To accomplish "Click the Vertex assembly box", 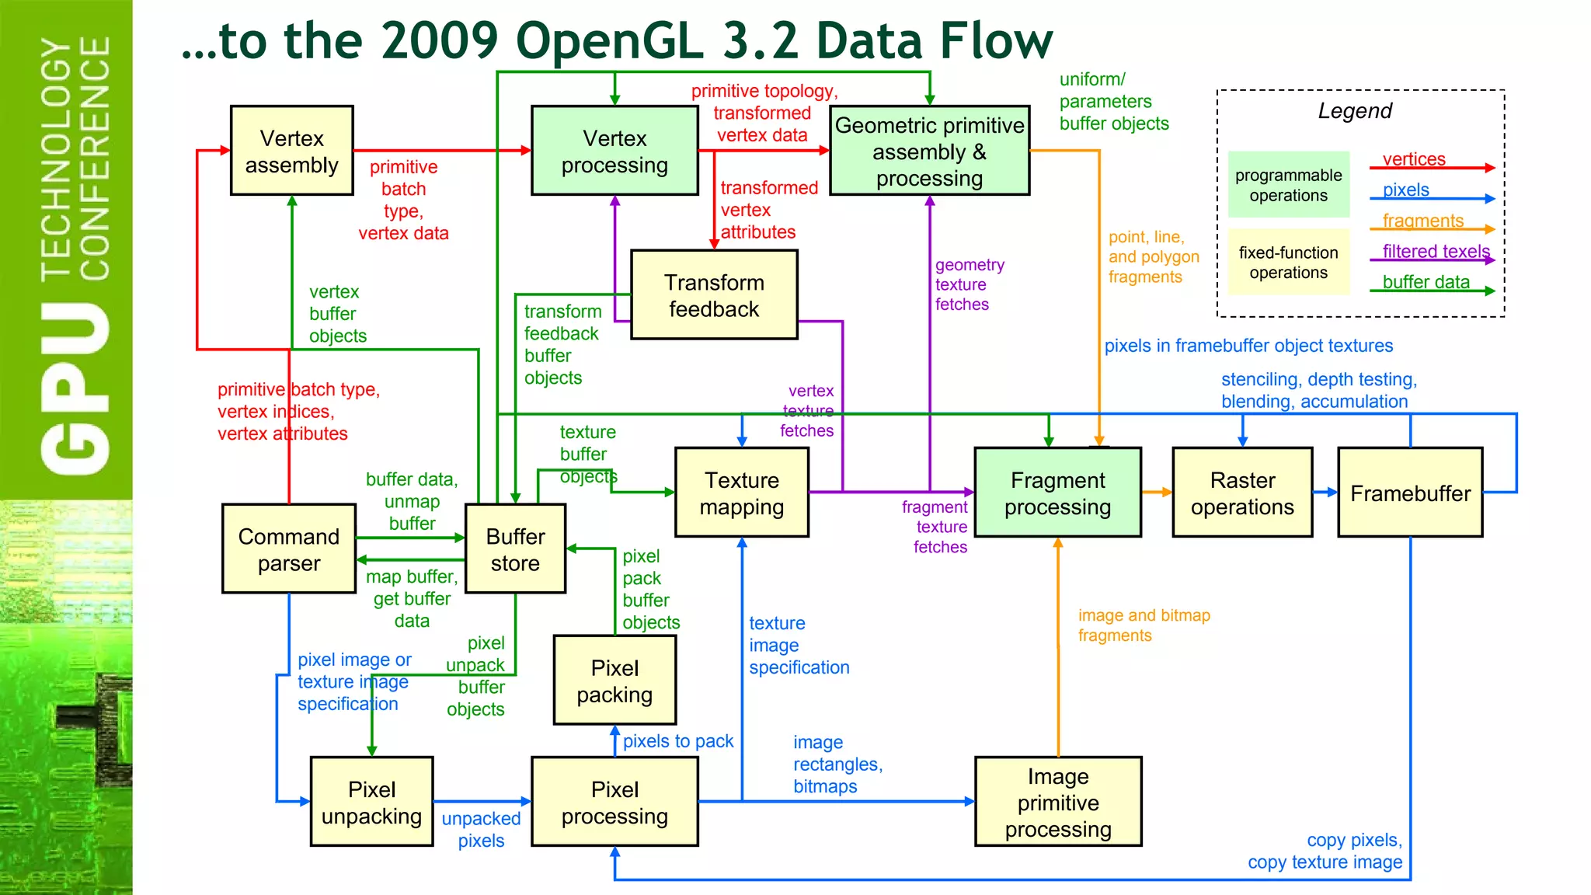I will click(291, 151).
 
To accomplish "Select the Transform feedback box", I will click(714, 295).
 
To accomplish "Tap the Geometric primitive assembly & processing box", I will click(929, 151).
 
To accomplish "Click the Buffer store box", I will click(515, 549).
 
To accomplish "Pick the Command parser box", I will click(289, 549).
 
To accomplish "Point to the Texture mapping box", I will click(741, 493).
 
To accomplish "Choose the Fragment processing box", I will click(1057, 493).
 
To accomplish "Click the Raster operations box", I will click(1242, 493).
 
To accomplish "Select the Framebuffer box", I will click(1409, 493).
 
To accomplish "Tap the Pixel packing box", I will click(614, 681).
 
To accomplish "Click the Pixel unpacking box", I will click(371, 802).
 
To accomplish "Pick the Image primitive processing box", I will click(1057, 802).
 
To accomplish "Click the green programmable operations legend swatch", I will click(1288, 185).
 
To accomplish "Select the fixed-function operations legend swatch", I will click(1288, 263).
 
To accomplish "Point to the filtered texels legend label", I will click(1436, 251).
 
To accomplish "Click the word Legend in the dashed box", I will click(1355, 111).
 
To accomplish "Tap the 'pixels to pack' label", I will click(677, 741).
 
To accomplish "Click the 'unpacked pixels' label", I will click(481, 829).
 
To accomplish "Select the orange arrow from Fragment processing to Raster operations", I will click(1157, 492).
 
